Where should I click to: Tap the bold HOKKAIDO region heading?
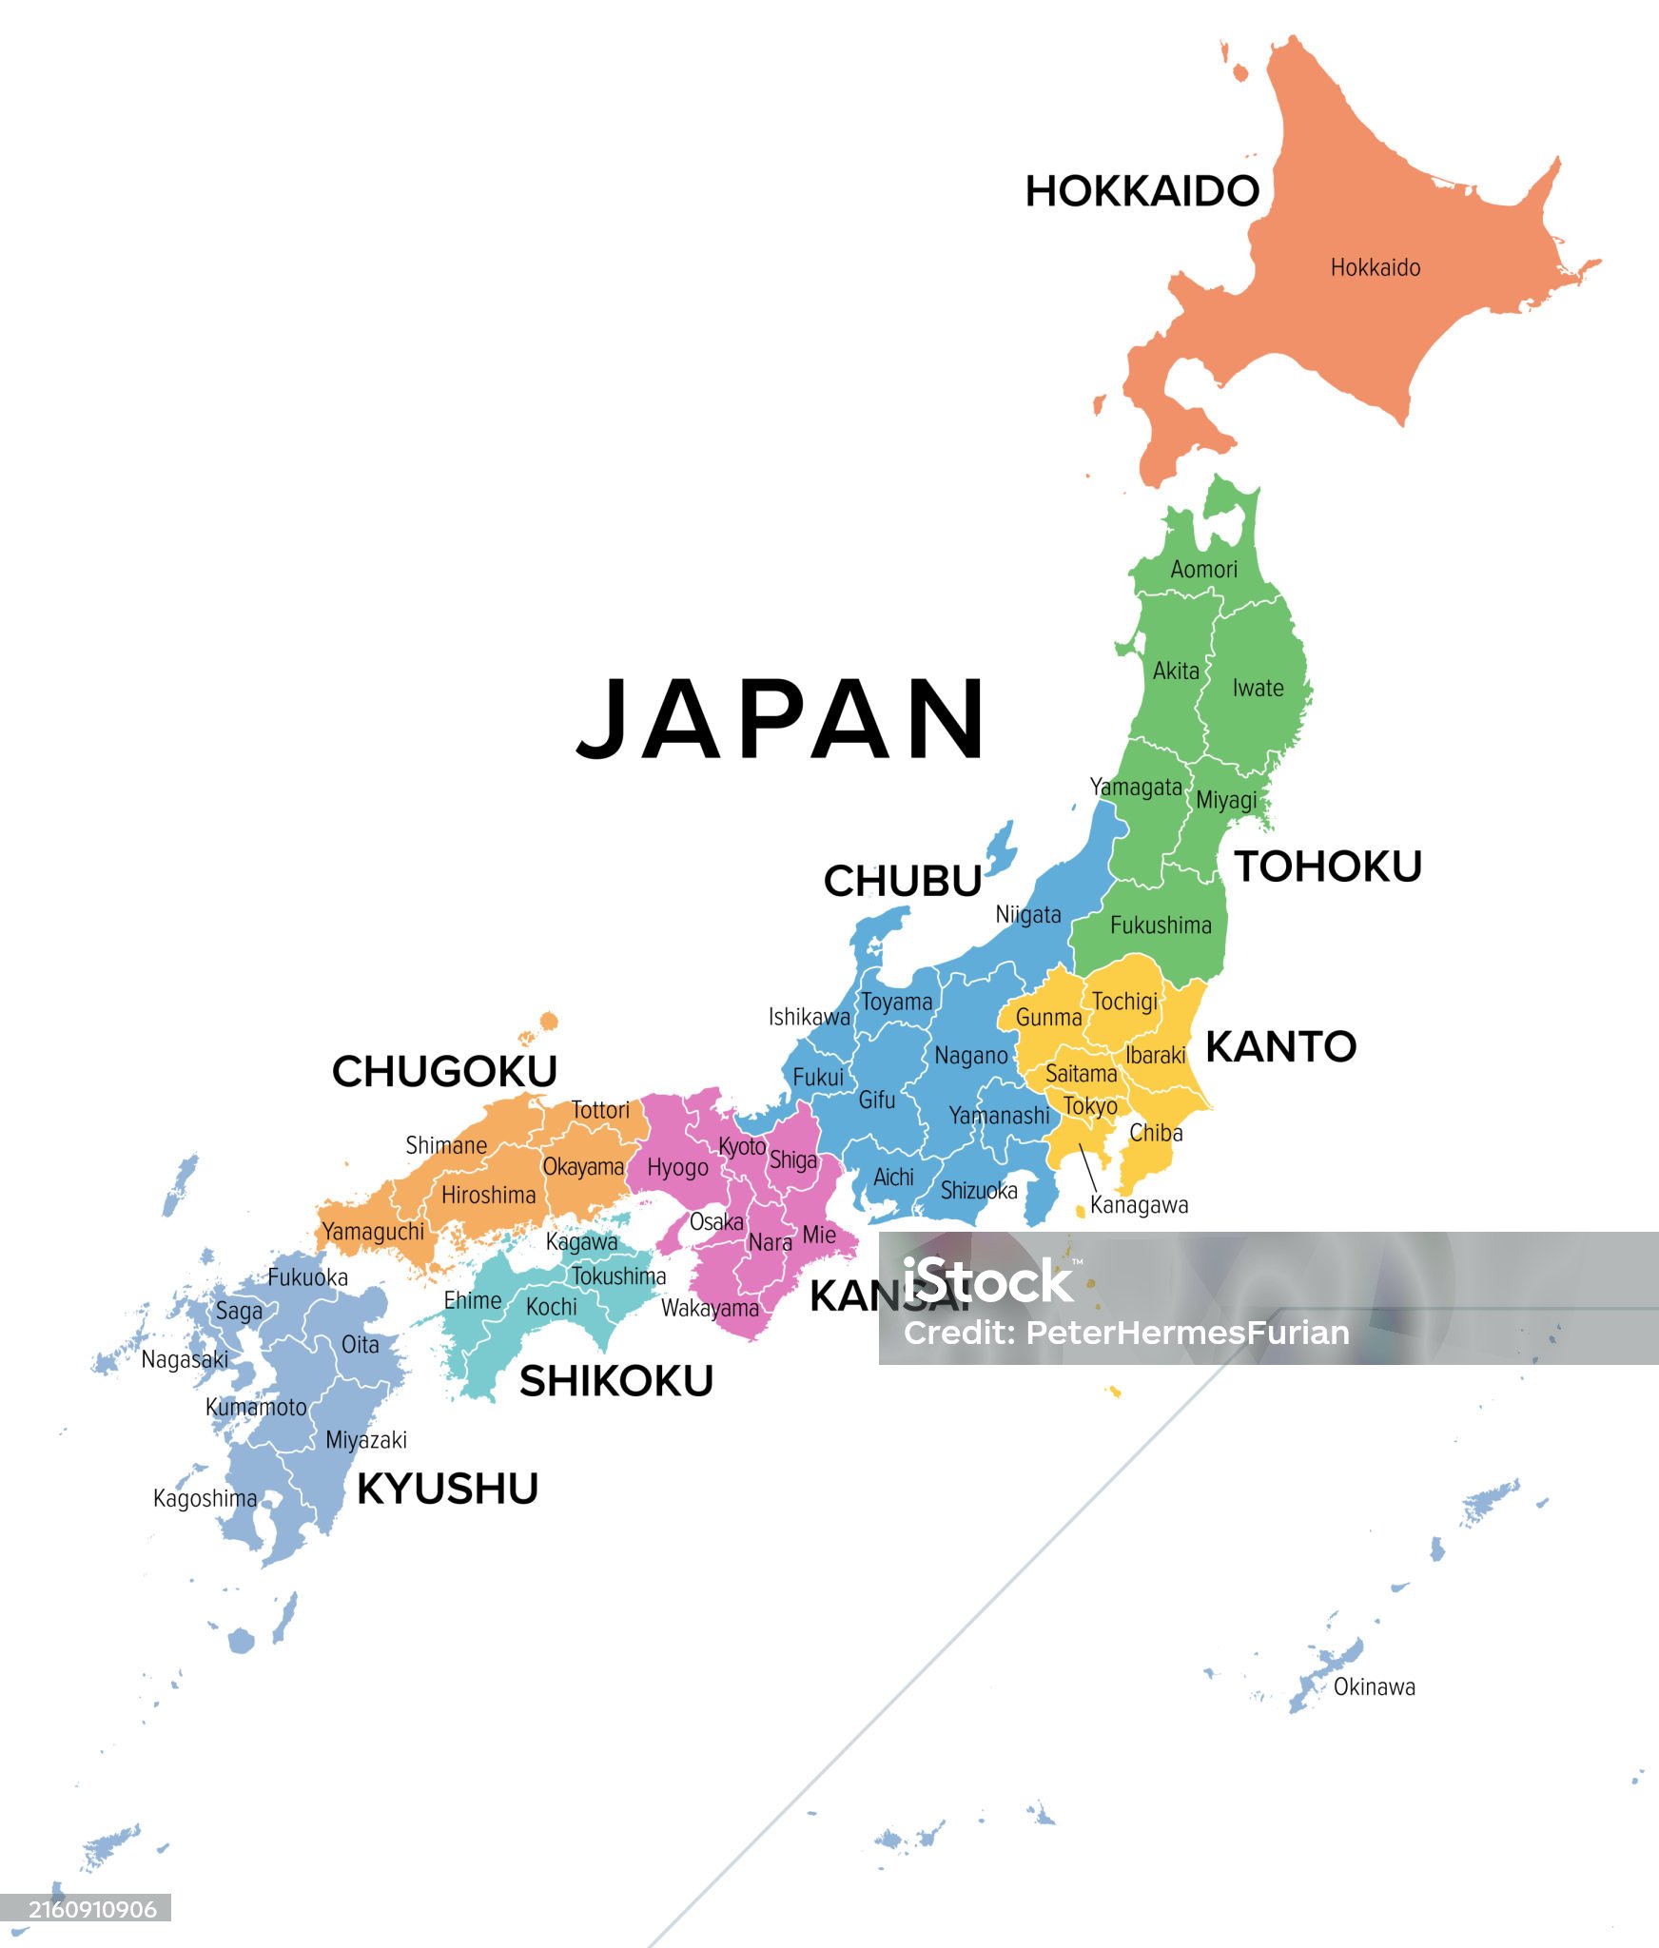1142,191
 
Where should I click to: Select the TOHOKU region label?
1328,867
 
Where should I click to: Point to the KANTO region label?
1280,1046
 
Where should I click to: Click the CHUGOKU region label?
444,1071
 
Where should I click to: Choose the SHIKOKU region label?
616,1381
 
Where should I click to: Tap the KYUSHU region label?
447,1489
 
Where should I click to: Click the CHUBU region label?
902,881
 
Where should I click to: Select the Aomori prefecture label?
1203,569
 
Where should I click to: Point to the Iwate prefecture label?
1258,688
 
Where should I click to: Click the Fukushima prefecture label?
1161,925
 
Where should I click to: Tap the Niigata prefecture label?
1027,914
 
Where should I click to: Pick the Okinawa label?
1374,1686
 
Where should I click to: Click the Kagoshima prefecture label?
205,1498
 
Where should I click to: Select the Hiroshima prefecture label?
488,1195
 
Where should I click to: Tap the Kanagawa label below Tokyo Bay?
1139,1205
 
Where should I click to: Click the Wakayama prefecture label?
710,1308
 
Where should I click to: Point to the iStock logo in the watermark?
987,1280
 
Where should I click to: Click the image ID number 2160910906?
92,1909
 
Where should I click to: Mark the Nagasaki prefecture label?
185,1359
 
